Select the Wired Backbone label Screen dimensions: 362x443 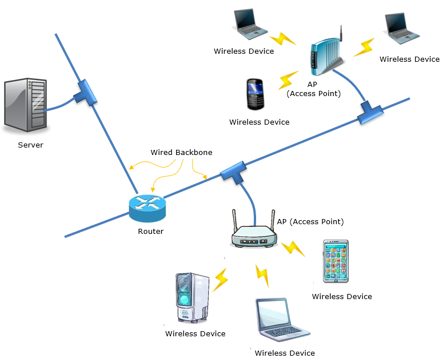181,153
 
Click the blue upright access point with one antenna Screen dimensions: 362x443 324,55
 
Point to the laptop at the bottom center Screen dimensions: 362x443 280,321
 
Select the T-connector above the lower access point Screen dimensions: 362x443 233,172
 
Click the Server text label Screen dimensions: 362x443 30,145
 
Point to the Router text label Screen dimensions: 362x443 150,232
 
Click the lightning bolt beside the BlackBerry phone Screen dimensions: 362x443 288,79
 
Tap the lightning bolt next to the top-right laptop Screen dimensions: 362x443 363,47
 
